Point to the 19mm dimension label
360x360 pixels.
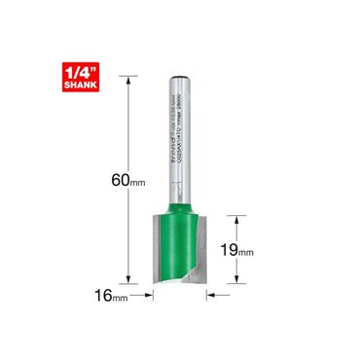coord(237,250)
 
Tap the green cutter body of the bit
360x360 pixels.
coord(181,243)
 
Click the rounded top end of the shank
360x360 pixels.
coord(180,74)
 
